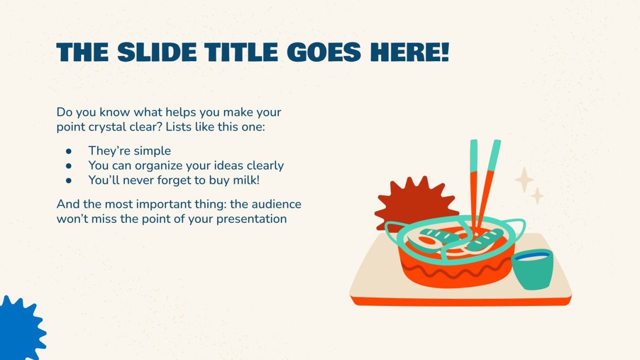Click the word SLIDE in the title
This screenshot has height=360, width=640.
156,52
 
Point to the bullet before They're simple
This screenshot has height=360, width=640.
68,151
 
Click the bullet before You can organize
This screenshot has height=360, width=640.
68,166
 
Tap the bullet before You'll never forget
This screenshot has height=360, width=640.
68,181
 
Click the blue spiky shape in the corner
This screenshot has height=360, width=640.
19,330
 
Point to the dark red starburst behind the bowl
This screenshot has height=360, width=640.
407,201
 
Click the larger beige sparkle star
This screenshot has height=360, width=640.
524,180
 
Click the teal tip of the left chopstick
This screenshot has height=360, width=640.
474,155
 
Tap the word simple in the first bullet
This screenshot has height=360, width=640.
152,151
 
